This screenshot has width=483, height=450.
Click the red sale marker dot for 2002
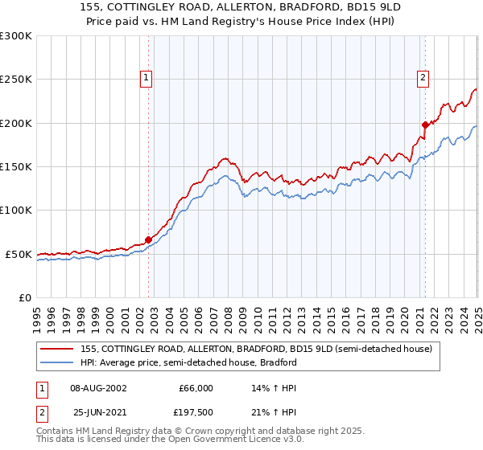pos(148,239)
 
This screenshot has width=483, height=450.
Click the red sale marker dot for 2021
pos(425,125)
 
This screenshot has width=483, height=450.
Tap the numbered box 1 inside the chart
pos(146,78)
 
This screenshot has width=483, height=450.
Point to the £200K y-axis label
pos(16,123)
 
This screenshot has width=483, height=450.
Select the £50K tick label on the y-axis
pos(19,254)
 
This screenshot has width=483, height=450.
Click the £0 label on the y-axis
pos(25,297)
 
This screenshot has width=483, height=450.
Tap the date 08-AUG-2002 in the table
pos(98,388)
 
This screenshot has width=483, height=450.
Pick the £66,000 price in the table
pos(196,388)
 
